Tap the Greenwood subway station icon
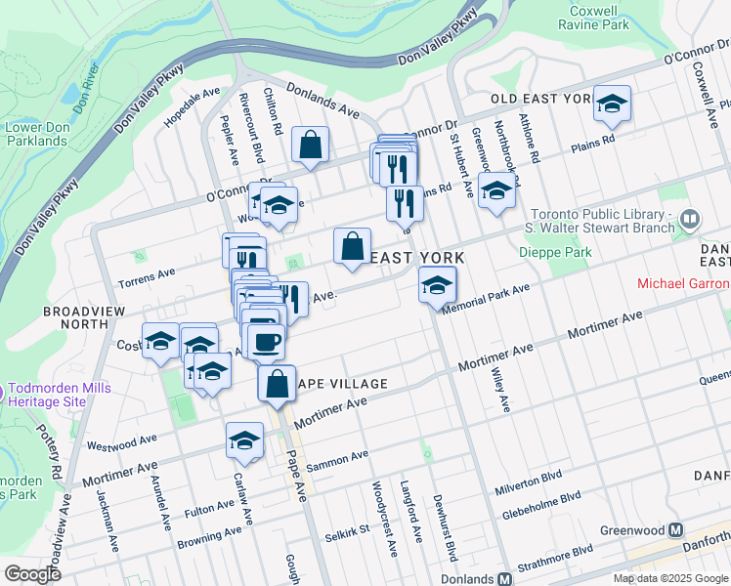coord(675,529)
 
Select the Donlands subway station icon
coord(504,578)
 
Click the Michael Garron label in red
coord(683,284)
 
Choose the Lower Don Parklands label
coord(35,134)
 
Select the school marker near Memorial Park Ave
coord(436,285)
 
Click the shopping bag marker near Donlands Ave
coord(310,146)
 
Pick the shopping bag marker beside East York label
coord(352,246)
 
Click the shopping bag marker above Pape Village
coord(277,382)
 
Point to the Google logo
coord(32,573)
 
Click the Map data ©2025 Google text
coord(670,578)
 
